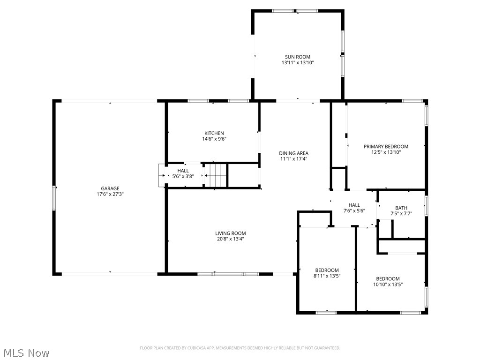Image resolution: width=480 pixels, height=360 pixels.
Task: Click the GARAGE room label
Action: tap(110, 188)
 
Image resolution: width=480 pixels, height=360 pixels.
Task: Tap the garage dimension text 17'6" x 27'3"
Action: tap(110, 194)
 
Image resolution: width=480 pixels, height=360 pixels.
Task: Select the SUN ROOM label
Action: tap(298, 57)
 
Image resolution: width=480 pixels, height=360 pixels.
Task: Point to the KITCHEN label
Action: tap(214, 133)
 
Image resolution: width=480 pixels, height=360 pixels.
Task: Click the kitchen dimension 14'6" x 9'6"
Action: tap(214, 139)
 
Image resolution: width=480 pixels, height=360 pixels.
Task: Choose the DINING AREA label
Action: tap(293, 153)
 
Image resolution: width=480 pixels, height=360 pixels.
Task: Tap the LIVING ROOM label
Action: tap(230, 233)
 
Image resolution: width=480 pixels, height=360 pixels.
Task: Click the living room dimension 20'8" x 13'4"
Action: tap(230, 239)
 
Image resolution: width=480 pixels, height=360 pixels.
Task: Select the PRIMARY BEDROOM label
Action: tap(386, 146)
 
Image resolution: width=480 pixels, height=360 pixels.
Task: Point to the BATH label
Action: tap(401, 208)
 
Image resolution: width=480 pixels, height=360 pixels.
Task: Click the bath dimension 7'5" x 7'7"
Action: tap(401, 214)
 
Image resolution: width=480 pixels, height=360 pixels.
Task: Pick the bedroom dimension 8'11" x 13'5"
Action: tap(327, 276)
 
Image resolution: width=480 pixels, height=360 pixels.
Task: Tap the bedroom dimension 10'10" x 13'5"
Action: tap(388, 284)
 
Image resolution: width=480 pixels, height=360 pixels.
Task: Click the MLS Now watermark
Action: tap(26, 352)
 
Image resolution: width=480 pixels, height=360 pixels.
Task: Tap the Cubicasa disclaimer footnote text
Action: tap(240, 348)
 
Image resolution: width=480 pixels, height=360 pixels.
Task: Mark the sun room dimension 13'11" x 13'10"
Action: tap(298, 62)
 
